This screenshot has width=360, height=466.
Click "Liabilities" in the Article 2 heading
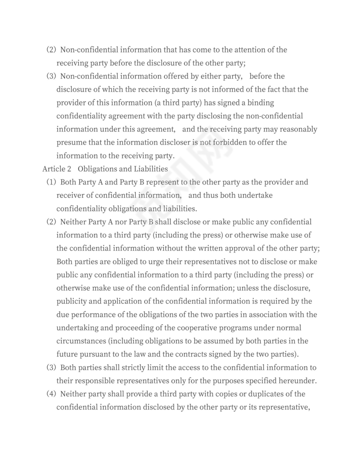click(x=150, y=169)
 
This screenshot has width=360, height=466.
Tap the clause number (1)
click(x=52, y=182)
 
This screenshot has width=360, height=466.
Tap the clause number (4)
click(x=52, y=394)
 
